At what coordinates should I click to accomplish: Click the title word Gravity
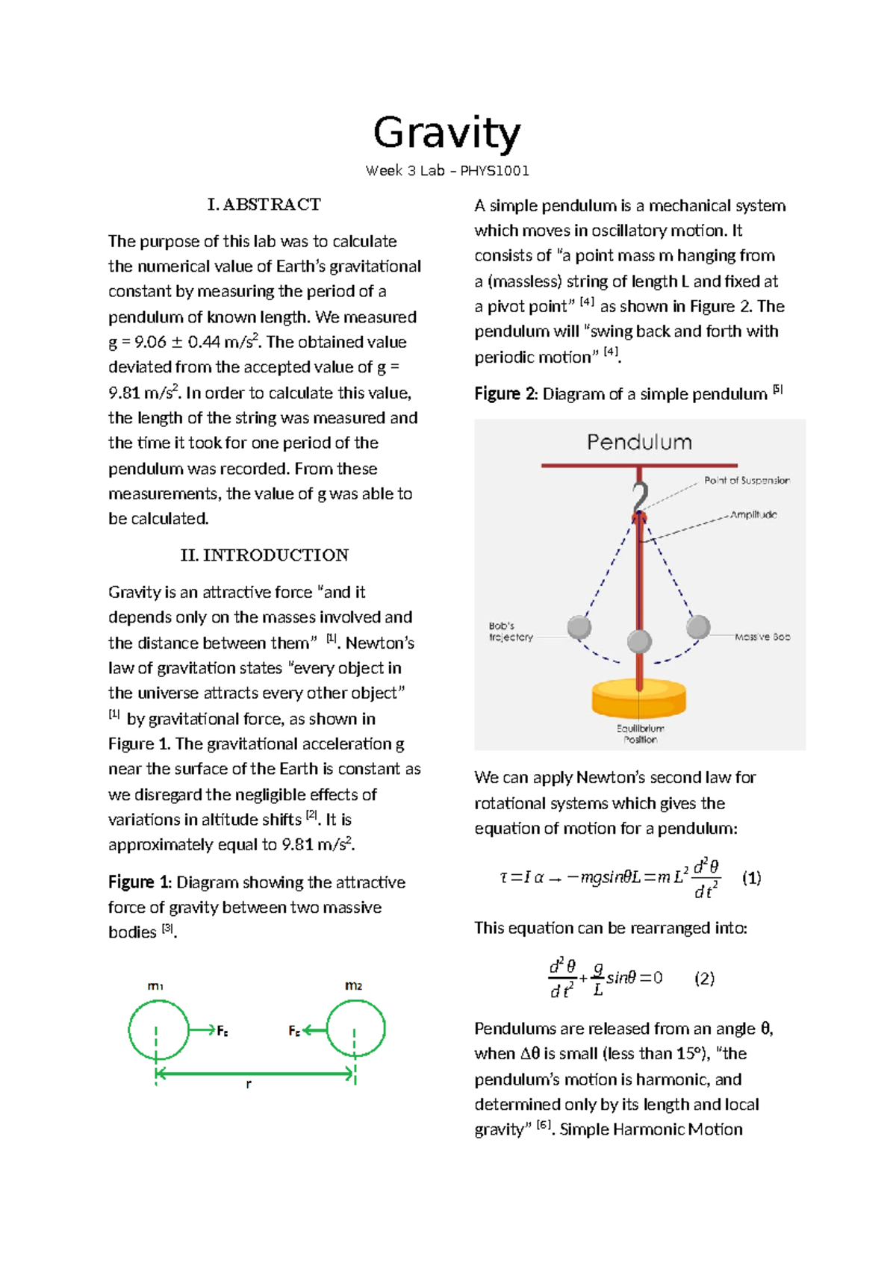pos(447,134)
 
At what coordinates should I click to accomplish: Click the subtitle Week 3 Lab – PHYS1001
pos(447,171)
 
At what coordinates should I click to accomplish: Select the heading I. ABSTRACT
pos(264,205)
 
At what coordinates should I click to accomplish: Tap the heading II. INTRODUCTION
pos(264,555)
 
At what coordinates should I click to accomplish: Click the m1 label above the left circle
pos(155,986)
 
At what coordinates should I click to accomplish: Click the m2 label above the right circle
pos(353,986)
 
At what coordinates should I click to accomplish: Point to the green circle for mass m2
pos(355,1029)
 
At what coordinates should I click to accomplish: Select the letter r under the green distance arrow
pos(249,1084)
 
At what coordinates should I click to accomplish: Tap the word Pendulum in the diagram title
pos(639,442)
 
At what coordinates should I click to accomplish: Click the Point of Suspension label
pos(746,481)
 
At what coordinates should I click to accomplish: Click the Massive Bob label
pos(762,637)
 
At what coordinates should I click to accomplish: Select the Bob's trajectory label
pos(511,632)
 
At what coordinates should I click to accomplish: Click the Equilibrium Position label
pos(640,734)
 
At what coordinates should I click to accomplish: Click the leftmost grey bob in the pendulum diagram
pos(579,628)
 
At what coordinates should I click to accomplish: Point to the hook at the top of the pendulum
pos(640,496)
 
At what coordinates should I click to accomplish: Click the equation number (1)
pos(751,878)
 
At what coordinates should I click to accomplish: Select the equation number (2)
pos(704,979)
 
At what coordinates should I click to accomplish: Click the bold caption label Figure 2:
pos(505,394)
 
